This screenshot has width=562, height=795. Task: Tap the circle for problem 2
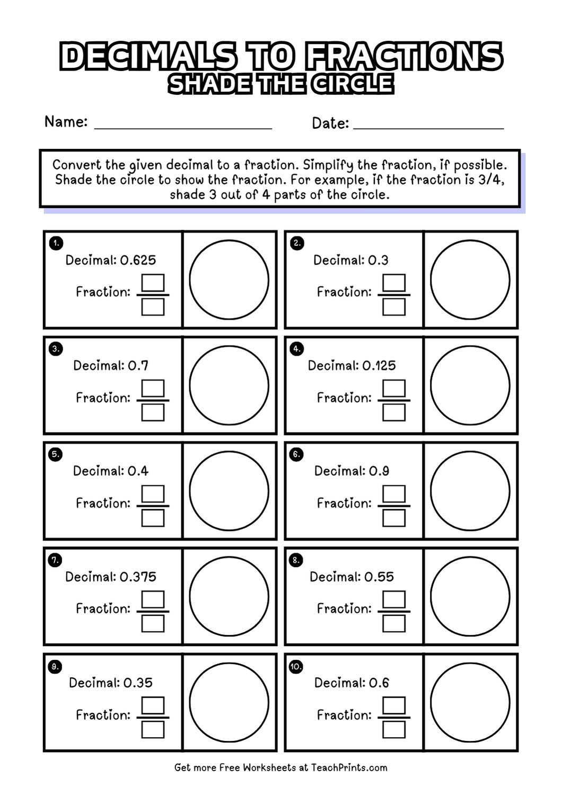[470, 279]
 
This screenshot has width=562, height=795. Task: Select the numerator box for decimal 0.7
[153, 388]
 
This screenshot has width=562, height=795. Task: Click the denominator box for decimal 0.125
[394, 412]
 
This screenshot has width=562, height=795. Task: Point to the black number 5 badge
[55, 454]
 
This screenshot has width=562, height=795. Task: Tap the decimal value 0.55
[379, 577]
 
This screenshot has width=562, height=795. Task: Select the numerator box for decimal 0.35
[153, 705]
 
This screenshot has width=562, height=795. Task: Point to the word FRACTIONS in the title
[404, 57]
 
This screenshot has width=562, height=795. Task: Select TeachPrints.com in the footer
[357, 767]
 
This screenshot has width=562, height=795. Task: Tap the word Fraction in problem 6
[344, 503]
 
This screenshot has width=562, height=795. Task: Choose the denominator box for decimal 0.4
[153, 518]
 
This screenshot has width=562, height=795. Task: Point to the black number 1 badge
[55, 243]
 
